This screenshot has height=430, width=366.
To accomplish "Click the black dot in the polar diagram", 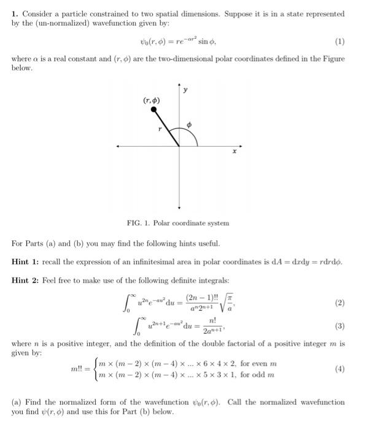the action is (154, 111).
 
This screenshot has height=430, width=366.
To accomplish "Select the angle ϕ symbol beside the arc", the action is (190, 125).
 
